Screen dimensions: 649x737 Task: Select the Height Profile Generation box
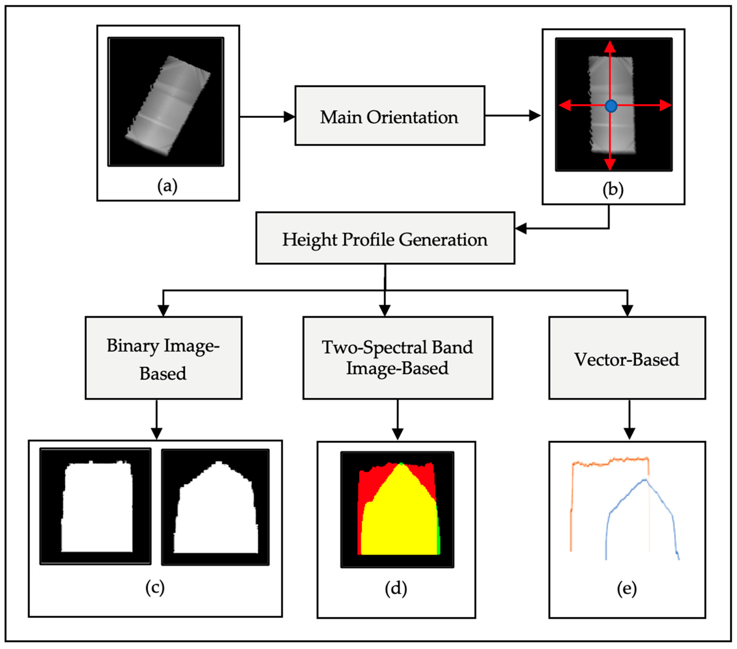click(x=385, y=238)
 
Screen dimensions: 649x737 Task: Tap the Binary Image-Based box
click(x=163, y=358)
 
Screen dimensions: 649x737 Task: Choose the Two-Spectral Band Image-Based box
click(x=397, y=358)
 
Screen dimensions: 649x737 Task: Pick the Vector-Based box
click(x=627, y=358)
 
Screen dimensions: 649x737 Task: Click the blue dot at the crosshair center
click(x=611, y=106)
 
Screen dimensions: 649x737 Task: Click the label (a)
click(x=167, y=186)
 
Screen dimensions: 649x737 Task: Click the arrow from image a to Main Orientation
click(x=267, y=117)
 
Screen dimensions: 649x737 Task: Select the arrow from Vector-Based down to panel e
click(x=629, y=420)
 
